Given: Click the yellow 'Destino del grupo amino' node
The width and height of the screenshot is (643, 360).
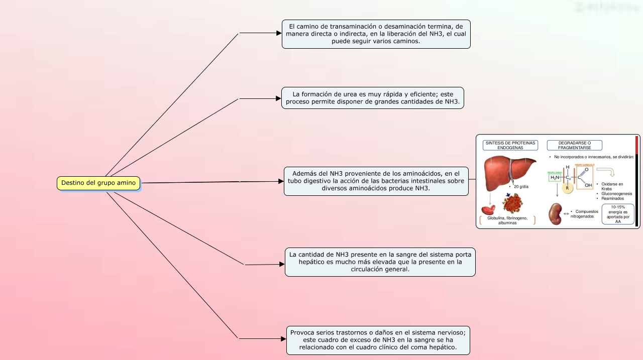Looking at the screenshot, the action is coord(98,183).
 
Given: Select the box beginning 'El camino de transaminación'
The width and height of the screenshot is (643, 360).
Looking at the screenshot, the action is coord(376,34).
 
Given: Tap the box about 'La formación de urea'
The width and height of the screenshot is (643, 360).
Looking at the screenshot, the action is coord(372,98).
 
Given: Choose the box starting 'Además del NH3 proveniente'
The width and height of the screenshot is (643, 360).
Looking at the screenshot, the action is coord(376,181).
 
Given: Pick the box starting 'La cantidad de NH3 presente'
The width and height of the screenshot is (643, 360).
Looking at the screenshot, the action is coord(380,262).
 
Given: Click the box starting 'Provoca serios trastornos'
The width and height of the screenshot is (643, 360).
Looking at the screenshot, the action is coord(378,340).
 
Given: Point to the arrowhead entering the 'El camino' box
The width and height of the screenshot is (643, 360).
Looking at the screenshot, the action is coord(279,33).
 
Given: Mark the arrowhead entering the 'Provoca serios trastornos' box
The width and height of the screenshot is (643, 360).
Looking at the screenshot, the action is coord(283,339).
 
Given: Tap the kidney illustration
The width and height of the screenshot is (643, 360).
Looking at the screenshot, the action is coord(555,214).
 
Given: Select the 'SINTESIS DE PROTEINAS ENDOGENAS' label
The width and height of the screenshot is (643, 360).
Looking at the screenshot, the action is coord(510,145).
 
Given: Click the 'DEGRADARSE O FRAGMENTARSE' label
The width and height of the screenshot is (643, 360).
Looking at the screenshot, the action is coord(574,145).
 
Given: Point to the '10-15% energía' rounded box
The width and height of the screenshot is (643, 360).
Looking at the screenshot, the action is coord(617,214).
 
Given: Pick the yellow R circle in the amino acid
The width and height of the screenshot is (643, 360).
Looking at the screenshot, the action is coord(568,189).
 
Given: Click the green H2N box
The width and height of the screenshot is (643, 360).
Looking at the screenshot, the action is coord(555,177).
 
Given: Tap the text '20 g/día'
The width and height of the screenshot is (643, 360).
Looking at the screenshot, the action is coord(521,187).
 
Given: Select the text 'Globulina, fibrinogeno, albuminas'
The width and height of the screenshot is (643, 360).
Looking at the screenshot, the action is coord(507,220).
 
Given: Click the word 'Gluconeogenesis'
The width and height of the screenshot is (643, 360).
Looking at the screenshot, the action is coord(616,193).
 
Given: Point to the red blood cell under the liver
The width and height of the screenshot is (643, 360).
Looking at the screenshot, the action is coord(488,210).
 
